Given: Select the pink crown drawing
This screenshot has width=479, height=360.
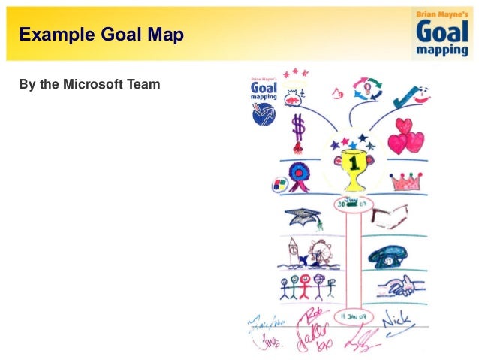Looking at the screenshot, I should [405, 181].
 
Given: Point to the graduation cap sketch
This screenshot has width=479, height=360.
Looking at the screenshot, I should [304, 217].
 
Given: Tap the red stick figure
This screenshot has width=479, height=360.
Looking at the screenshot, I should [304, 286].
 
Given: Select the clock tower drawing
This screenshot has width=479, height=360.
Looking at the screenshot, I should [294, 253].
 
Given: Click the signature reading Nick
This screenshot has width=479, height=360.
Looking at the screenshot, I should [396, 319].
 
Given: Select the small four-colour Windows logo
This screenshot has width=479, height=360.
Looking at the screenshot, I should [278, 185].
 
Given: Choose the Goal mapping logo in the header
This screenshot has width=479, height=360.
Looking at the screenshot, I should [444, 33].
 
